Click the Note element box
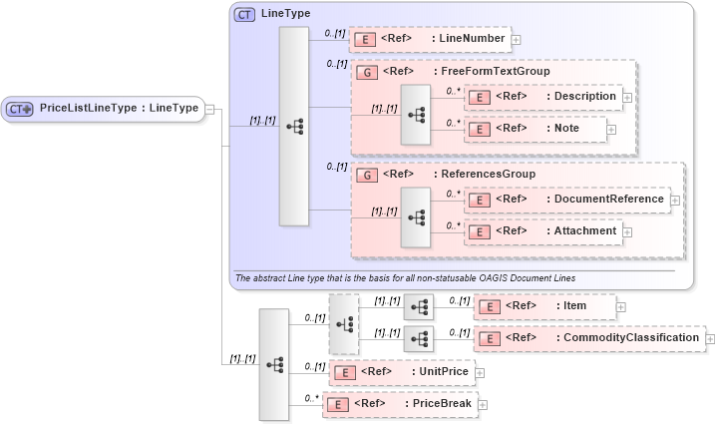point(536,129)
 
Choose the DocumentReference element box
point(567,200)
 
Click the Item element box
point(544,305)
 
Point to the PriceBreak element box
point(399,404)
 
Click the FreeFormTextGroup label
point(492,72)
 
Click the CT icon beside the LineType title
point(244,14)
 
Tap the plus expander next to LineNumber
point(517,41)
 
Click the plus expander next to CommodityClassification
point(709,339)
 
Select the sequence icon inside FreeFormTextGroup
point(415,114)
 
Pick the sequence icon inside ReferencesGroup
point(415,216)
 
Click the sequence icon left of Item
point(418,306)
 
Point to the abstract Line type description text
point(404,276)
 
